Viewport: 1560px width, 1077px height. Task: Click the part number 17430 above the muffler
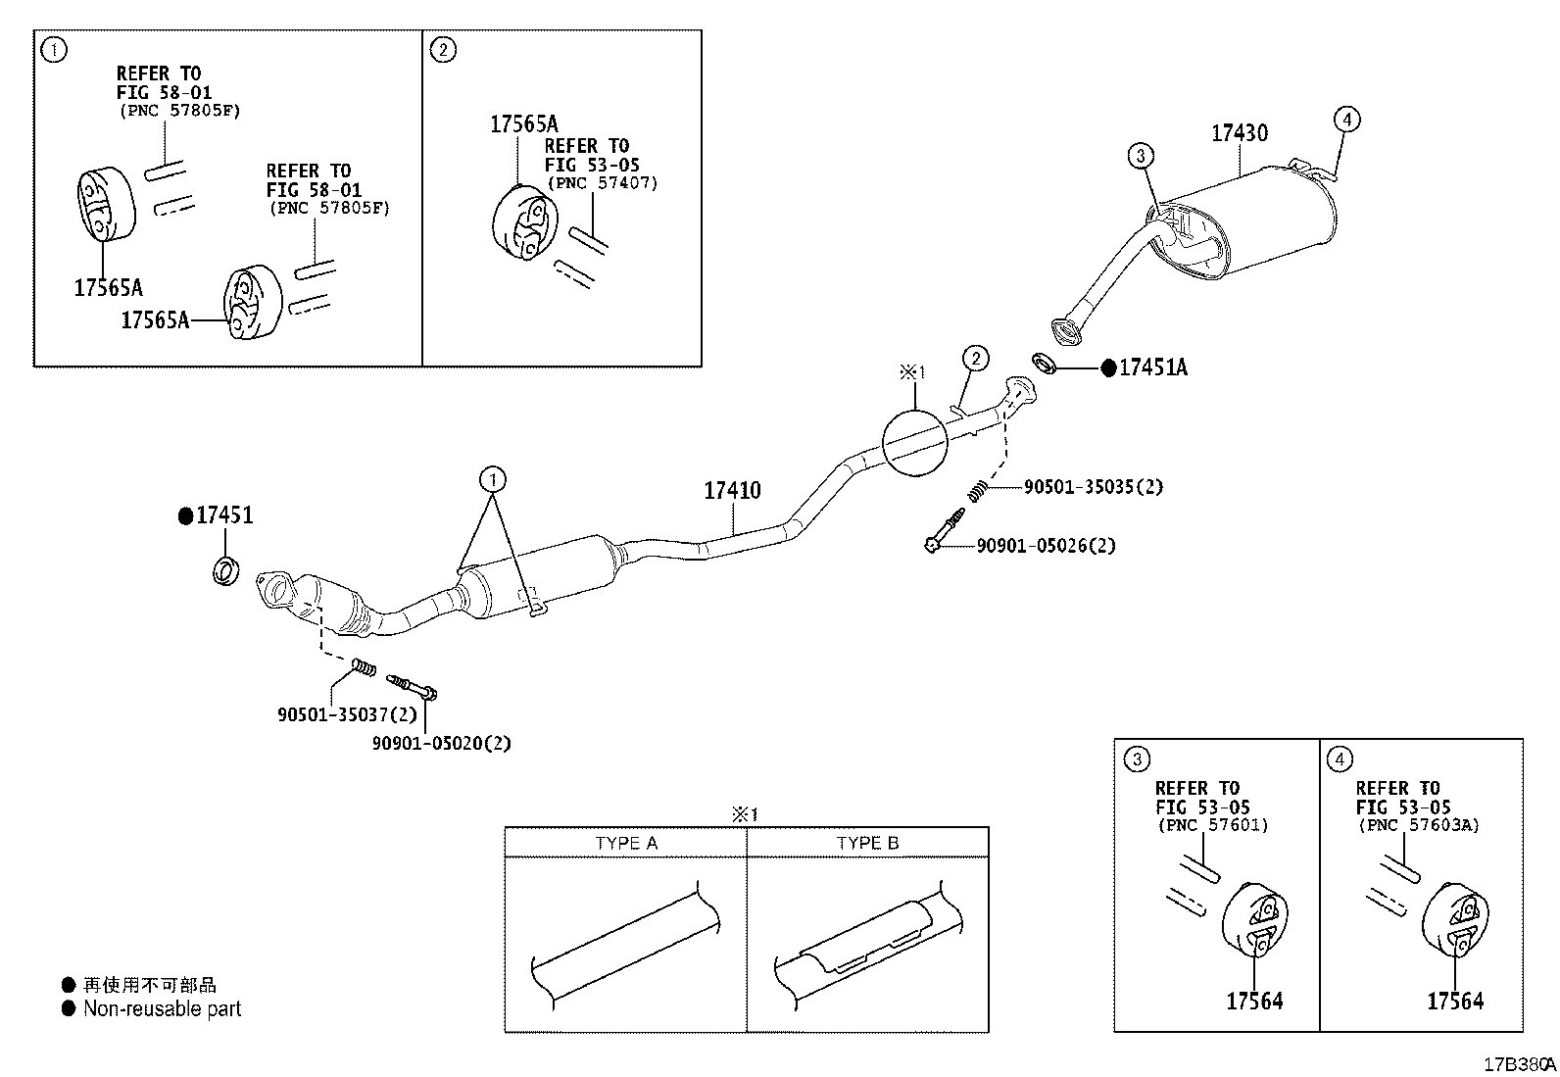1240,132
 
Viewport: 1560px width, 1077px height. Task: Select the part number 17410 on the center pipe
732,490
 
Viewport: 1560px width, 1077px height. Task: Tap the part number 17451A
1152,367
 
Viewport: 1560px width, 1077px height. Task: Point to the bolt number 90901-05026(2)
1046,546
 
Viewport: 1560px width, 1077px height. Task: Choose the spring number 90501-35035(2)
1094,487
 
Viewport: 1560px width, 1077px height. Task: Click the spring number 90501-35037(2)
347,714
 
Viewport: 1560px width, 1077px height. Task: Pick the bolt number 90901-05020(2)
442,743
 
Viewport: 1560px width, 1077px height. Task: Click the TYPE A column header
626,843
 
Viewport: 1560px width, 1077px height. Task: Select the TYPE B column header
868,843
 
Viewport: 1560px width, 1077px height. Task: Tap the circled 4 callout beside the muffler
1347,120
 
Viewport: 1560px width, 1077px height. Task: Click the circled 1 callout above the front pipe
493,479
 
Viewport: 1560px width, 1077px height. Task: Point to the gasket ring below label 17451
225,571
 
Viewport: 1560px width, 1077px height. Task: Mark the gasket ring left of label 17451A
1044,363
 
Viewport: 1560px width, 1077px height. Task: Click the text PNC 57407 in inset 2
603,183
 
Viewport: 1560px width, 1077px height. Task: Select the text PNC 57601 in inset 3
1213,825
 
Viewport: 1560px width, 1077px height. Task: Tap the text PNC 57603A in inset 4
1419,825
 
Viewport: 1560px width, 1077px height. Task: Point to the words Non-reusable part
162,1008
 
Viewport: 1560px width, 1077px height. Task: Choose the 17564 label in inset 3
1254,1002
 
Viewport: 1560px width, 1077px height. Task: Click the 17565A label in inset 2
524,124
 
